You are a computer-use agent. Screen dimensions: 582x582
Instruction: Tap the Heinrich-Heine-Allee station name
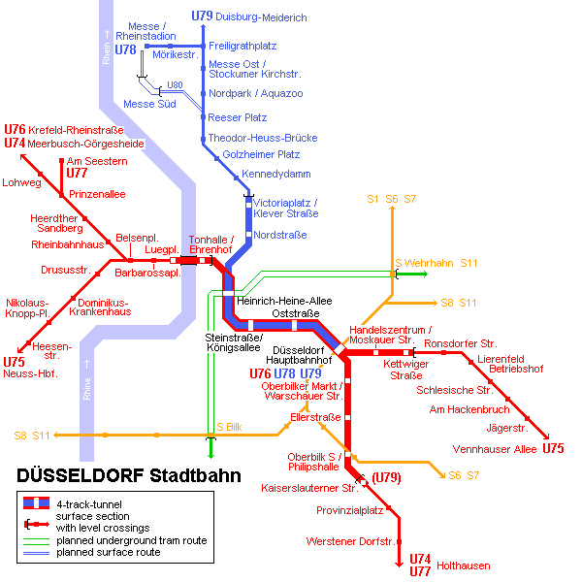[284, 301]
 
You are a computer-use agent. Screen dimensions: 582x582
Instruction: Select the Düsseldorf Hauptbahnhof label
[299, 355]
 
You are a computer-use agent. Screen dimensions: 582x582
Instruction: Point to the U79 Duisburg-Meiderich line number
[202, 16]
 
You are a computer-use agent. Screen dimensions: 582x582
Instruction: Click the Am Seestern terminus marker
[62, 161]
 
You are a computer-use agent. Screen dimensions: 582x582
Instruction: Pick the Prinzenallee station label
[97, 194]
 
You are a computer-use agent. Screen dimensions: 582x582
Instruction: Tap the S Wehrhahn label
[424, 263]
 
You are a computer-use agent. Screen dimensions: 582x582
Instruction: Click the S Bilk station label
[229, 427]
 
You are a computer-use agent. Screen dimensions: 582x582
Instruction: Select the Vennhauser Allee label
[495, 449]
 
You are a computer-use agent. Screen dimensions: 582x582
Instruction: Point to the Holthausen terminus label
[464, 566]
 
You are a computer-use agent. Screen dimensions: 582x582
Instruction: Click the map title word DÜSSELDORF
[81, 475]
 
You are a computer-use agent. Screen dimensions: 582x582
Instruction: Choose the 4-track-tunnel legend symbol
[37, 502]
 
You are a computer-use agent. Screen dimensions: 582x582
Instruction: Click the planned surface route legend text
[109, 552]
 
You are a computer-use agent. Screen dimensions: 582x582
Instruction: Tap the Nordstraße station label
[280, 235]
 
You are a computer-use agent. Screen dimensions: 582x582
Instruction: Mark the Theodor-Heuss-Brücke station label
[263, 138]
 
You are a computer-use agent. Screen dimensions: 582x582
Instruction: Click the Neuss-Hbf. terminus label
[30, 373]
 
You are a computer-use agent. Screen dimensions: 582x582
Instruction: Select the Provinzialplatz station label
[349, 511]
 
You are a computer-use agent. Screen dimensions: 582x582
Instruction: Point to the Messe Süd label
[149, 104]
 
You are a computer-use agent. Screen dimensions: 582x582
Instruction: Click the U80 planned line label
[175, 85]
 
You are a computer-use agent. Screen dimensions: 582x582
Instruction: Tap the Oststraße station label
[296, 313]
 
